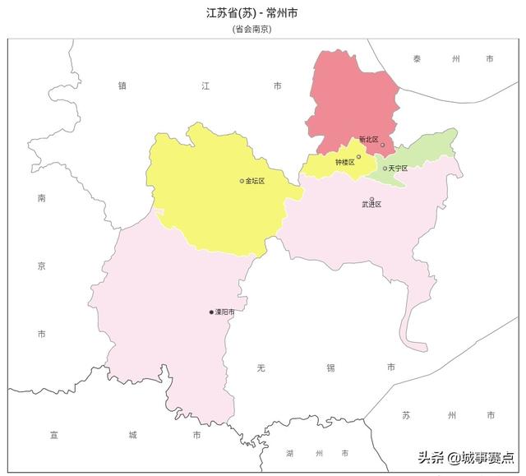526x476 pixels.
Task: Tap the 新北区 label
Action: point(367,141)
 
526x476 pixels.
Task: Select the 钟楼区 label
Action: point(344,162)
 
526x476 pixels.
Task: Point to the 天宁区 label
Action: point(398,169)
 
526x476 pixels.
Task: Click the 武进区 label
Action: point(371,205)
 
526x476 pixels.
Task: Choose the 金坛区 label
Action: point(256,181)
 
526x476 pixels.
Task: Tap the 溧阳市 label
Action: point(224,312)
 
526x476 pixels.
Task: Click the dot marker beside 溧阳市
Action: point(211,312)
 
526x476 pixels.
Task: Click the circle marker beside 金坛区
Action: point(242,181)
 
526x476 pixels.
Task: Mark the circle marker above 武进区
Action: point(371,198)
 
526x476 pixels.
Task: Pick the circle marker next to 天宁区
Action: point(385,169)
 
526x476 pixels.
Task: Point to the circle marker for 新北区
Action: point(382,145)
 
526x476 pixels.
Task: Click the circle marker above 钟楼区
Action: point(358,156)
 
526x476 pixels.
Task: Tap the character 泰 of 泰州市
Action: point(418,59)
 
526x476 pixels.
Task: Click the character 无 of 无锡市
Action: point(261,367)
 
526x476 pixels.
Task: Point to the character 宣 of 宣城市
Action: point(54,434)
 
